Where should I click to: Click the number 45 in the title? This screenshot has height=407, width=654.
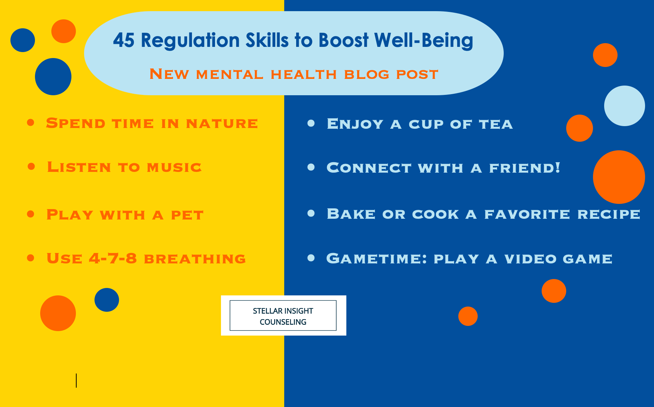pos(124,40)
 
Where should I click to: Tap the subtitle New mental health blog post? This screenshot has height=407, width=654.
pos(294,74)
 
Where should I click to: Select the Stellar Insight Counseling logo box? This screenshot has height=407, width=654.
pos(283,316)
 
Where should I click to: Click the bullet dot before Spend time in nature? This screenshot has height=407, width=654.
pos(31,122)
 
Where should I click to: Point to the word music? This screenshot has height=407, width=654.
pos(174,167)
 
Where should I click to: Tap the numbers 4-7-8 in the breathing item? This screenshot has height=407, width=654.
pos(113,258)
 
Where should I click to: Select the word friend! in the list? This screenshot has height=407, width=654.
pos(525,168)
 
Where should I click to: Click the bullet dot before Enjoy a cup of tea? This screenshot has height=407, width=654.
pos(311,123)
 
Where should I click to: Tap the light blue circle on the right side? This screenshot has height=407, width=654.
pos(624,106)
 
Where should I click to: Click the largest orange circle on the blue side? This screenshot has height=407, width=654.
pos(619,177)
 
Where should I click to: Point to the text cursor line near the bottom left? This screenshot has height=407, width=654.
pos(76,381)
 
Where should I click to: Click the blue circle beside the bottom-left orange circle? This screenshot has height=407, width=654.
pos(107,300)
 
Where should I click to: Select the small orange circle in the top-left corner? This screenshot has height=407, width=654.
pos(64,31)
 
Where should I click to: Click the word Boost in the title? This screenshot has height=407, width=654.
pos(343,41)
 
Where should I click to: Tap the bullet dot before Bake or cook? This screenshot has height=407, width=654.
pos(311,213)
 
